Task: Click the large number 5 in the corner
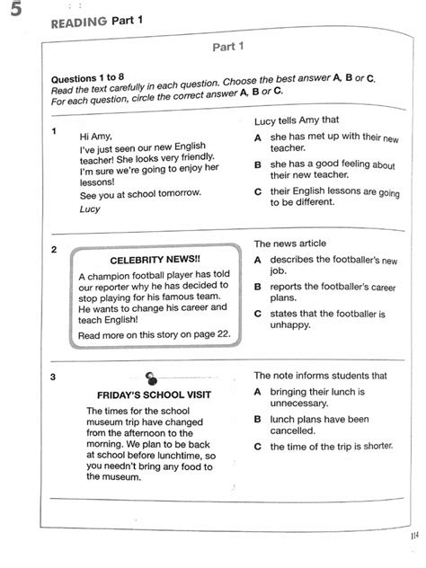pos(13,12)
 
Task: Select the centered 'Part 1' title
pos(229,46)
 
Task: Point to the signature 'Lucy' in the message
pos(90,209)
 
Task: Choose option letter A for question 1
pos(258,137)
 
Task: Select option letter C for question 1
pos(258,191)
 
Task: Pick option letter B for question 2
pos(258,286)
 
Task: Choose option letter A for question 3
pos(258,392)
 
